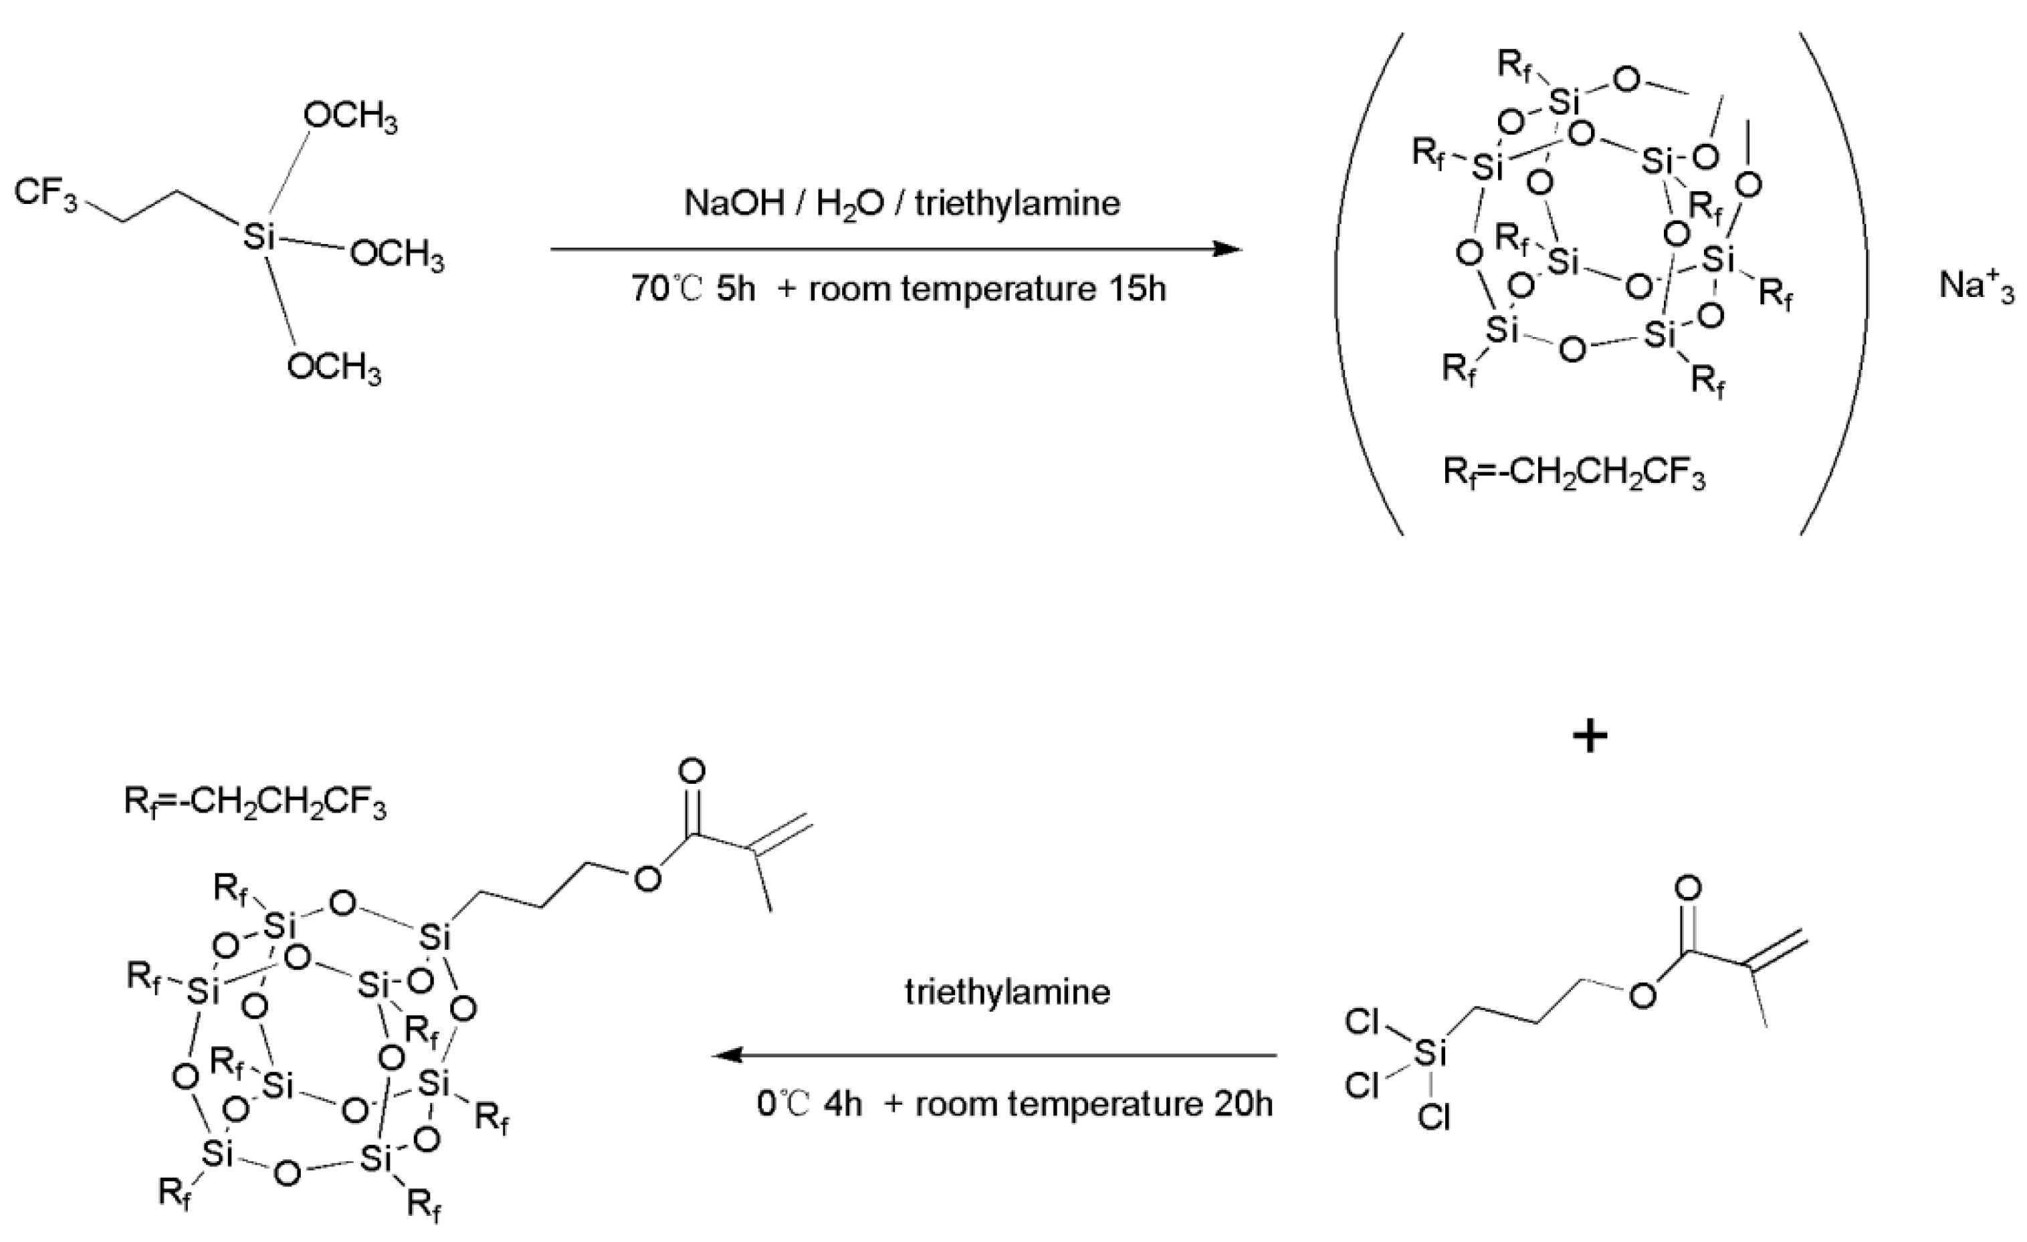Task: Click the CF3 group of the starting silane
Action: pyautogui.click(x=45, y=193)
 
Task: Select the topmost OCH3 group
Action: pyautogui.click(x=351, y=118)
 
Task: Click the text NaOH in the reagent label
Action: pyautogui.click(x=734, y=203)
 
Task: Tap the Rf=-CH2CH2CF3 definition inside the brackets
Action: pyautogui.click(x=1574, y=475)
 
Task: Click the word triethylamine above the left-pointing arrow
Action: pyautogui.click(x=1007, y=992)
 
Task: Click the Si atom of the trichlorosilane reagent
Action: pyautogui.click(x=1431, y=1052)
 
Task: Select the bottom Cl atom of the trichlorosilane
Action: pyautogui.click(x=1434, y=1117)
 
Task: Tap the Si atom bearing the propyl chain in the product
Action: pyautogui.click(x=433, y=938)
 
